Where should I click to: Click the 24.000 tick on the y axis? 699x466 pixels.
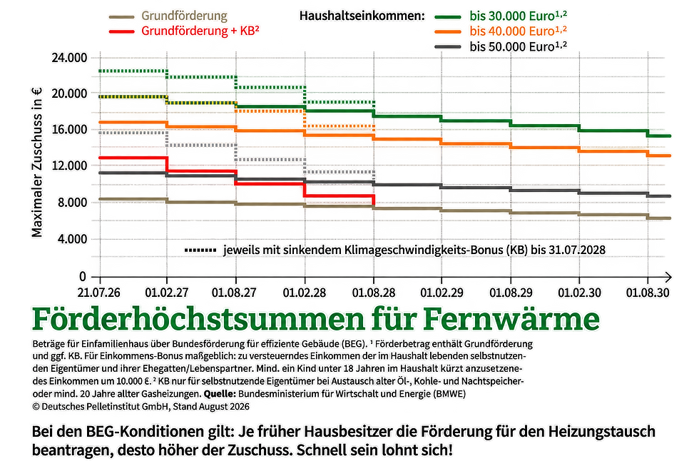click(70, 58)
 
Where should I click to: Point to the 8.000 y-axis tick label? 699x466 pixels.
click(72, 203)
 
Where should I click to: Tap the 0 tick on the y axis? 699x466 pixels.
click(83, 277)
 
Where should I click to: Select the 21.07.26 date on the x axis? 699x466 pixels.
click(98, 293)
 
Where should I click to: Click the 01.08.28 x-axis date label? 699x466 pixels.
click(374, 293)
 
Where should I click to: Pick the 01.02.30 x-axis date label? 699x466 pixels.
click(579, 293)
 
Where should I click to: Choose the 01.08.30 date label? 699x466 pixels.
click(648, 293)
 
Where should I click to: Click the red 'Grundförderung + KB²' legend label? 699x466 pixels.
click(200, 31)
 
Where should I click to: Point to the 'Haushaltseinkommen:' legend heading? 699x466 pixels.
click(362, 16)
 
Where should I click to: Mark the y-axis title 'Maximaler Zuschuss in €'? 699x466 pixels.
click(37, 162)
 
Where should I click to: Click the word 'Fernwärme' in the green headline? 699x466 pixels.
click(511, 319)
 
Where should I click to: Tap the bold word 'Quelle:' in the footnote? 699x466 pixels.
click(220, 394)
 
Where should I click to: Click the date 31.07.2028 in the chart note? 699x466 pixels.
click(577, 250)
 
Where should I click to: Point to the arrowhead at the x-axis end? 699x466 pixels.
click(668, 277)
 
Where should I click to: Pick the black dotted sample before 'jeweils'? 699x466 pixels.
click(200, 250)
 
